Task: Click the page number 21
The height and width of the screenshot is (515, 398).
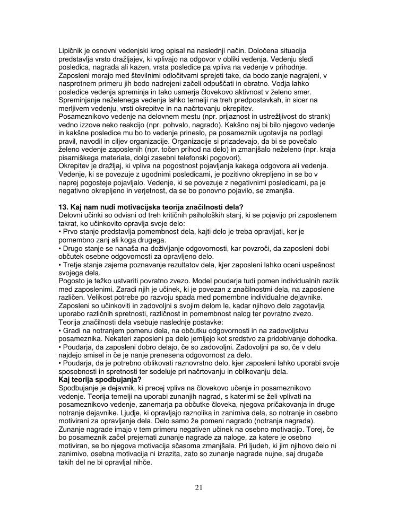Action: pos(199,488)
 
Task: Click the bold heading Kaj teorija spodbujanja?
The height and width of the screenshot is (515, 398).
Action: pos(100,379)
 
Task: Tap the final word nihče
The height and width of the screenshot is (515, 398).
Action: pos(143,462)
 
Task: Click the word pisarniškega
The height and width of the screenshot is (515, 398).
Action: pos(81,158)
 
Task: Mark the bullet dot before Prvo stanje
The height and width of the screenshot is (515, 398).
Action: pos(59,231)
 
